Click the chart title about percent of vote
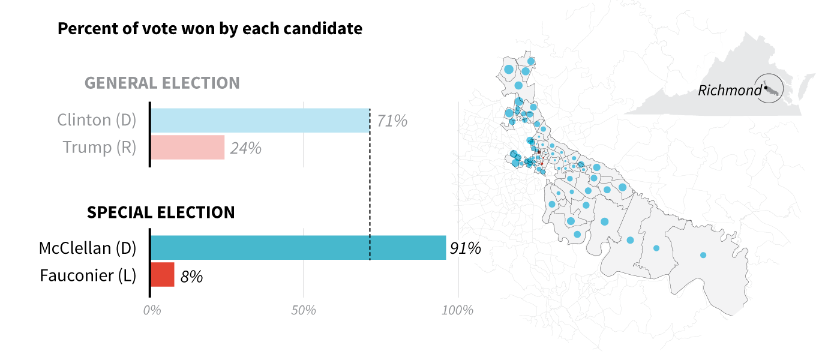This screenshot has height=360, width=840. pos(210,28)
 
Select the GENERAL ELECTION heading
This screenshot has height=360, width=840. pos(162,83)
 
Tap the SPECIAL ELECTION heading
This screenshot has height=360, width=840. pos(161,212)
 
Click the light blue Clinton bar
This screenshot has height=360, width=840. pos(260,121)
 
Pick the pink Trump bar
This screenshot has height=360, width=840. pos(187,147)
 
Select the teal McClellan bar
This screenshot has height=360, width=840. pos(298,248)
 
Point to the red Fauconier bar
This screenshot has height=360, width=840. pos(162,274)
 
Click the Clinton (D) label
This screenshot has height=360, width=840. pos(97,120)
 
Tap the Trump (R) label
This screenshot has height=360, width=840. pos(100,147)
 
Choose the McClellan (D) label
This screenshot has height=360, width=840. pos(88,248)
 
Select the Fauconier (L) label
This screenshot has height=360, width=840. pos(88,275)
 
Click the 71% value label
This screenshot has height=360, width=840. pos(392,121)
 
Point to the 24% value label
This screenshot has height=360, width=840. pos(246,148)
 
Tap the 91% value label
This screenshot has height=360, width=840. pos(466,248)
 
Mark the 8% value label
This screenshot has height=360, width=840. pos(191,277)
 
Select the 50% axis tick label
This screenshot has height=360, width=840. pos(304,311)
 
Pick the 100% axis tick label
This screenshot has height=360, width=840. pos(457,311)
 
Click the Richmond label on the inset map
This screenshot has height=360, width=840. pos(729,91)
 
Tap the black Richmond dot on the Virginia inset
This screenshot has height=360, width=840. pos(766,89)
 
